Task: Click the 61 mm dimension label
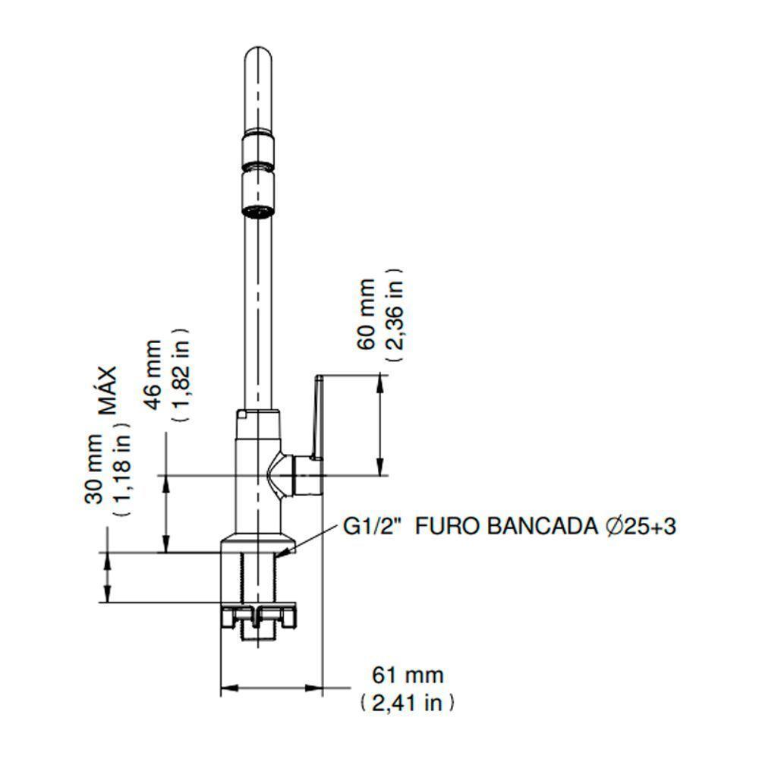point(408,674)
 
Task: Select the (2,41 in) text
point(408,704)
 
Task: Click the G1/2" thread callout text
point(373,527)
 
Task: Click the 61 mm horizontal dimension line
point(271,689)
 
